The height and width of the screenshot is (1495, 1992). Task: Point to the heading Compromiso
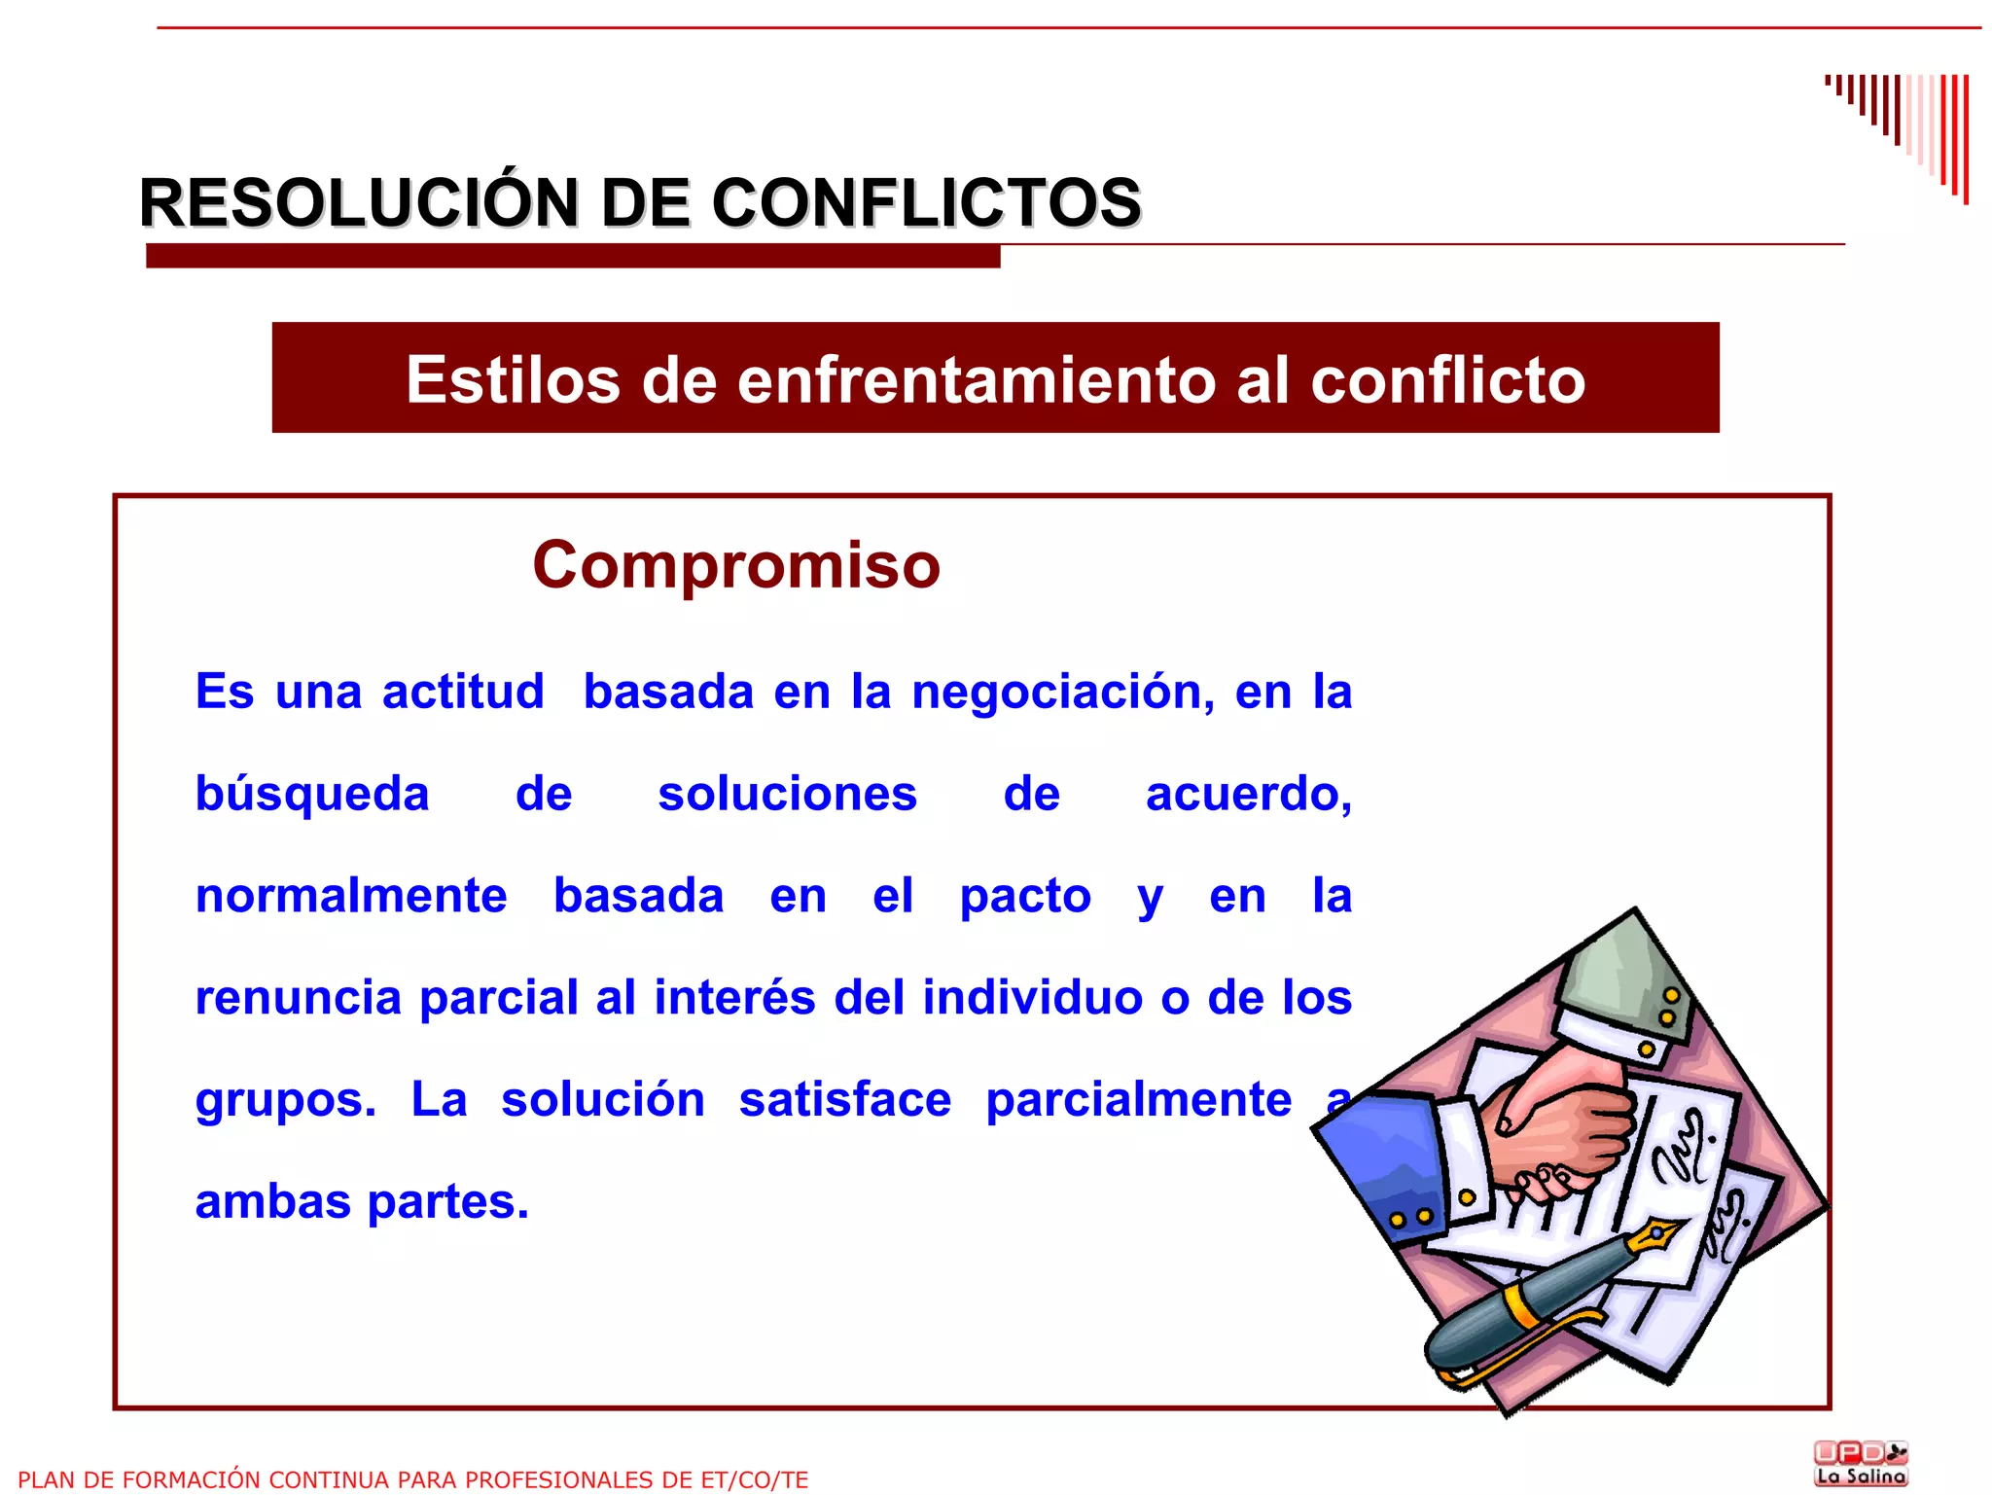point(736,565)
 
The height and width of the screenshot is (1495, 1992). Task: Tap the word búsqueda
point(312,795)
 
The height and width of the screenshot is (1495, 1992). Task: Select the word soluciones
point(787,795)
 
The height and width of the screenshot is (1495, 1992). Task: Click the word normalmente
point(351,896)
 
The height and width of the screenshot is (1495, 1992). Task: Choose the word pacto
point(1025,896)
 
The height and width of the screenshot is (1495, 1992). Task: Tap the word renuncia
point(299,998)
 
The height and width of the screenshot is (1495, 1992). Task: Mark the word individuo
point(1032,998)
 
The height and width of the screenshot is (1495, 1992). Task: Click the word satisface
point(844,1100)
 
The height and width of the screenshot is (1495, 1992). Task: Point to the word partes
point(447,1202)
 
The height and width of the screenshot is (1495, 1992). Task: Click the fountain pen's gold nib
point(1654,1237)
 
